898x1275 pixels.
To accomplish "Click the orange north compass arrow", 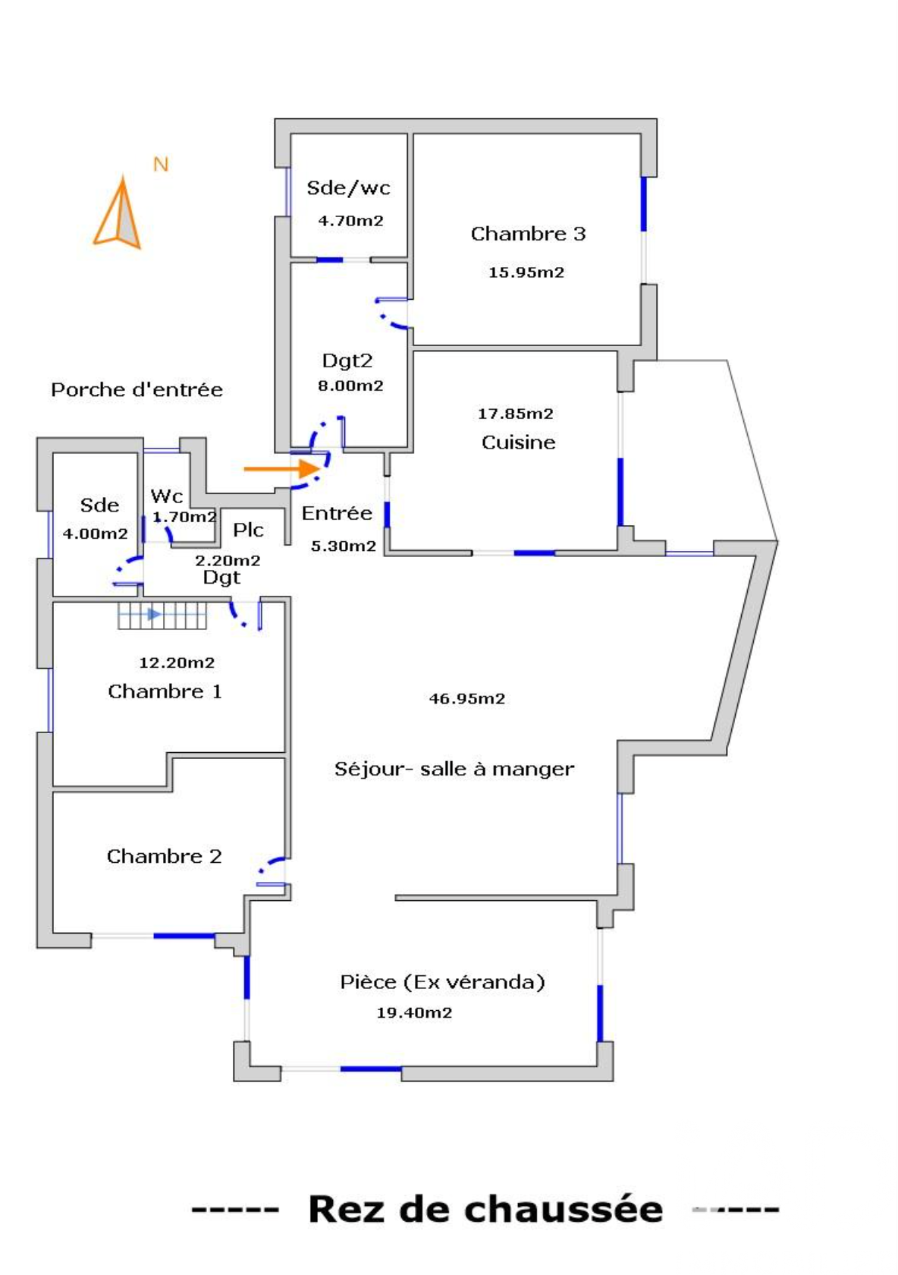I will tap(118, 216).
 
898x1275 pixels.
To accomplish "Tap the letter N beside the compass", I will tap(161, 165).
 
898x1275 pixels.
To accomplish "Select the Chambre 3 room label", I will tap(528, 234).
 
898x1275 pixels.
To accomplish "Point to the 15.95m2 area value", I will tap(526, 272).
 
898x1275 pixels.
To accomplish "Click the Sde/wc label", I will tap(348, 188).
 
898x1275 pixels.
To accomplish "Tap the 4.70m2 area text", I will tap(350, 221).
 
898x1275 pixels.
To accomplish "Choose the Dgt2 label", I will tap(347, 360).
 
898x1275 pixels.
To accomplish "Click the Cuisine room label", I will tap(518, 442).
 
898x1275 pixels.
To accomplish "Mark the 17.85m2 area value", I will tap(515, 414).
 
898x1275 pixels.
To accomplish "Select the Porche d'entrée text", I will tap(137, 390).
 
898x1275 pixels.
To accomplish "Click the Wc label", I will tap(167, 496).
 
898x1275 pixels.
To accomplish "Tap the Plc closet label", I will tap(248, 530).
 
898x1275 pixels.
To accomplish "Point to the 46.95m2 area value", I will tap(467, 699).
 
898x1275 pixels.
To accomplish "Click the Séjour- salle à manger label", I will tap(454, 769).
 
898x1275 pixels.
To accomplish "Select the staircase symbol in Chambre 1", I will tap(162, 615).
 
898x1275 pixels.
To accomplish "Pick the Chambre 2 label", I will tap(164, 856).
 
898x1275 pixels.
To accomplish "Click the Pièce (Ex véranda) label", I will tap(442, 982).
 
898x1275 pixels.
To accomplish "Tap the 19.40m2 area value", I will tap(414, 1012).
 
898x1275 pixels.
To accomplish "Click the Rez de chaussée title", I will tap(485, 1209).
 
